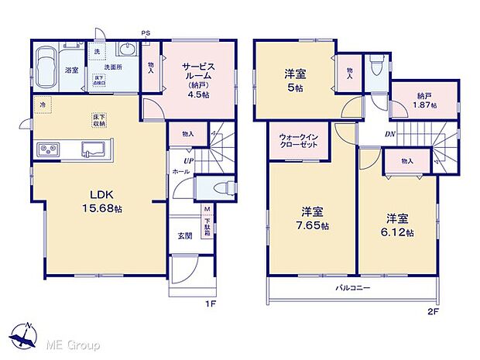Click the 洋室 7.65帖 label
pyautogui.click(x=312, y=219)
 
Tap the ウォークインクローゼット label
pyautogui.click(x=299, y=142)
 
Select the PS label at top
pyautogui.click(x=146, y=32)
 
